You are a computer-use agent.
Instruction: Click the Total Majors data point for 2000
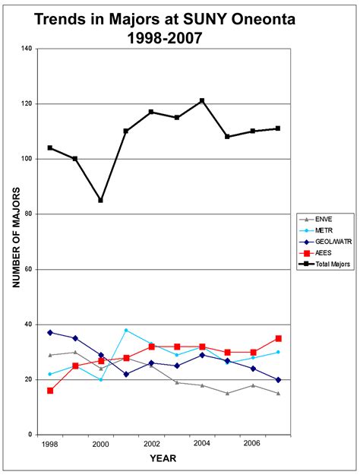coord(100,201)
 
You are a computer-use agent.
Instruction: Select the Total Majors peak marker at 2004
coord(202,100)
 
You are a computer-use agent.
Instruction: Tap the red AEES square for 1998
coord(50,391)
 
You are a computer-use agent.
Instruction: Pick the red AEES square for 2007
coord(279,338)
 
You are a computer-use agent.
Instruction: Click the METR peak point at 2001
coord(126,330)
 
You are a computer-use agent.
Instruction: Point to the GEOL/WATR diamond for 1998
coord(50,332)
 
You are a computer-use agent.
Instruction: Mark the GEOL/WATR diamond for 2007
coord(279,379)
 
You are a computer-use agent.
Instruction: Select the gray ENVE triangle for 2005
coord(228,393)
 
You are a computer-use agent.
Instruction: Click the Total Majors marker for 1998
coord(50,147)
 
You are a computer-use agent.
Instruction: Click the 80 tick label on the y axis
coord(30,214)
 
